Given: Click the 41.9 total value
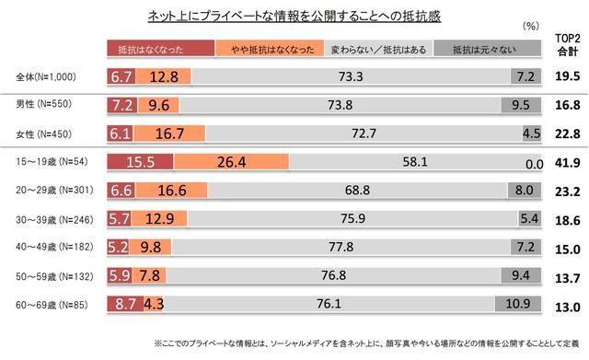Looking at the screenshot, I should click(565, 164).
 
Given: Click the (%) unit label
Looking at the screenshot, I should click(531, 29).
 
